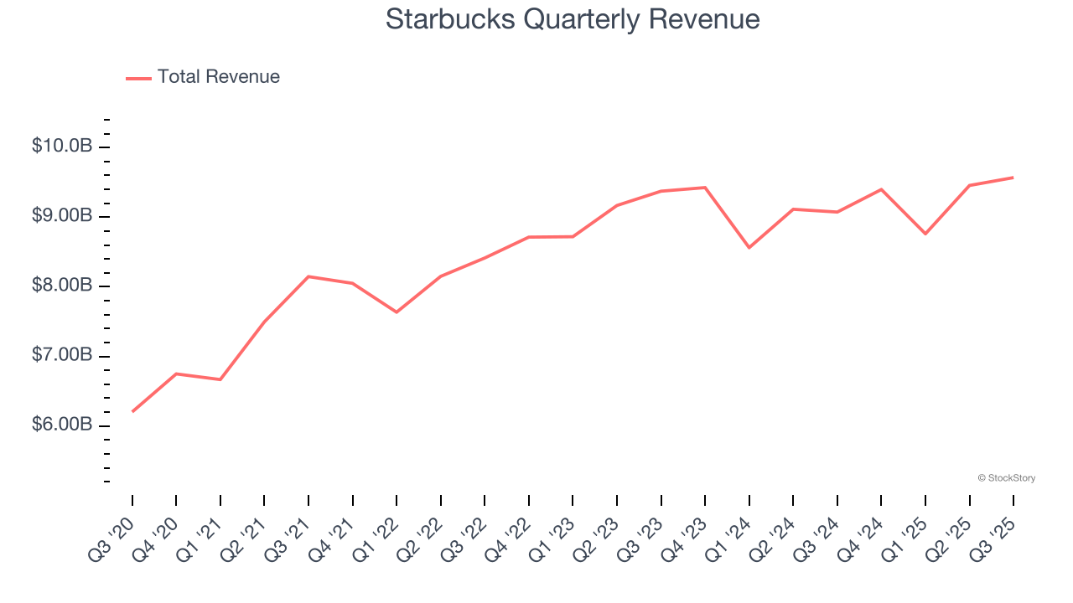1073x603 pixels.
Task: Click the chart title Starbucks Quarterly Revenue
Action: tap(573, 19)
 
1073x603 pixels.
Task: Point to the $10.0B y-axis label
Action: tap(62, 147)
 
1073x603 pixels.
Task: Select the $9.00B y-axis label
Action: tap(62, 216)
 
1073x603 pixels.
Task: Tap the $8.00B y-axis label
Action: tap(62, 286)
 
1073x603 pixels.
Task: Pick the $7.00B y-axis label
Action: tap(62, 356)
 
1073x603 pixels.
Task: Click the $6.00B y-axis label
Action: tap(62, 425)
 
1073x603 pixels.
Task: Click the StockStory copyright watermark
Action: tap(1006, 478)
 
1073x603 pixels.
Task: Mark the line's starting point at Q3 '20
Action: tap(132, 411)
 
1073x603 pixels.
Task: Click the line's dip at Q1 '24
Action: tap(749, 247)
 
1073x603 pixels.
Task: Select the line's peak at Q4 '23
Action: tap(705, 188)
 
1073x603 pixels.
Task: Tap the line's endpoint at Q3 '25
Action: tap(1013, 178)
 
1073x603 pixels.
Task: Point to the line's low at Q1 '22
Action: tap(397, 312)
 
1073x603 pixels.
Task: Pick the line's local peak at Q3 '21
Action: tap(308, 276)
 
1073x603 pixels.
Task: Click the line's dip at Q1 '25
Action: tap(925, 234)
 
